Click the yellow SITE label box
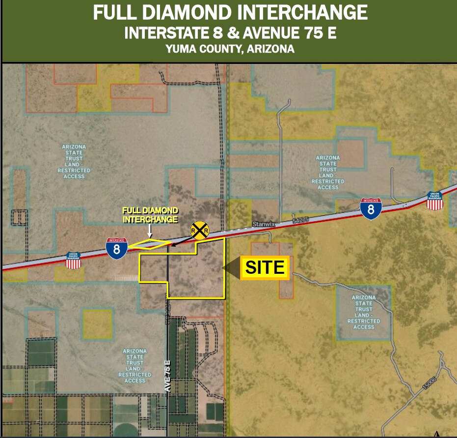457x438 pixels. coord(265,267)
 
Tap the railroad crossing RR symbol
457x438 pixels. coord(200,230)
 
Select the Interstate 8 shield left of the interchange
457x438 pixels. coord(117,248)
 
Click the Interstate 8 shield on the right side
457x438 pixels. coord(371,208)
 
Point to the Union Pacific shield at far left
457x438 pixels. coord(73,261)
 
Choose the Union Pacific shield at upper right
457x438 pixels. coord(435,201)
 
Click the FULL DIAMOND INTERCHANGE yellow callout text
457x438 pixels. coord(150,215)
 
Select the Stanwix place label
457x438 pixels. coord(262,224)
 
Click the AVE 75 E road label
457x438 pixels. coord(168,376)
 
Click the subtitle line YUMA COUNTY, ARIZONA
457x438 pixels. coord(230,49)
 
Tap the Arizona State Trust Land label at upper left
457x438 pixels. coord(74,161)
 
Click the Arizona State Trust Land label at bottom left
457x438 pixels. coord(134,366)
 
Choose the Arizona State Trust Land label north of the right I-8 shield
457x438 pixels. coord(328,173)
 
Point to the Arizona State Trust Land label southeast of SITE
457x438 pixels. coord(364,312)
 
